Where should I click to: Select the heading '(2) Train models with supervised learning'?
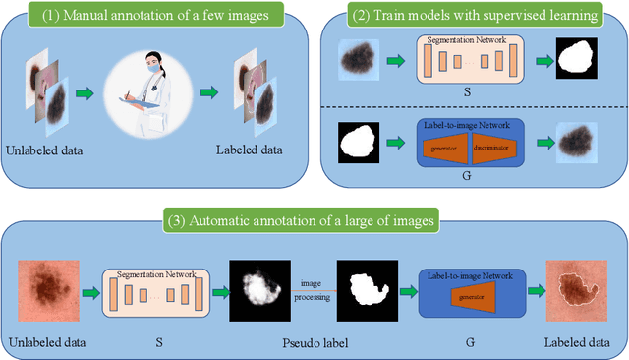474,15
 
